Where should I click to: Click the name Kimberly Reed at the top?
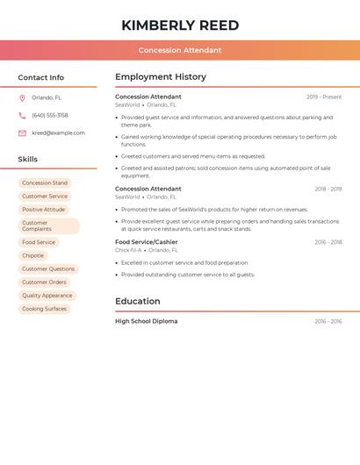pos(180,25)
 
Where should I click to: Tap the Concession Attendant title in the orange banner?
pos(180,50)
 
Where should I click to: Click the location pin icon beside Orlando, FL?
pos(22,98)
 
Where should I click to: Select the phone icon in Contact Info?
pos(22,116)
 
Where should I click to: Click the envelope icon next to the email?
pos(22,133)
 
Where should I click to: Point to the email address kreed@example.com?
pos(59,133)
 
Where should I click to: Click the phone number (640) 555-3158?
pos(50,116)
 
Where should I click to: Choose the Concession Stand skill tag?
pos(45,183)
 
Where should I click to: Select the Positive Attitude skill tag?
pos(44,210)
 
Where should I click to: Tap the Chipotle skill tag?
pos(33,255)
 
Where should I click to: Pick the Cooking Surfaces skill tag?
pos(45,309)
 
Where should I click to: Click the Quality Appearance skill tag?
pos(47,296)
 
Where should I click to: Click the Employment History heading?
pos(161,77)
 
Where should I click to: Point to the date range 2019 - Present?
pos(324,97)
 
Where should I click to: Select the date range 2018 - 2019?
pos(328,190)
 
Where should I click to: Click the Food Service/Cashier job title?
pos(147,242)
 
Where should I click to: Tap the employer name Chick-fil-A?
pos(128,250)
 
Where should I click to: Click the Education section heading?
pos(138,302)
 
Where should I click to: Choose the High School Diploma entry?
pos(147,322)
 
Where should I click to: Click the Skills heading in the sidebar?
pos(28,160)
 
